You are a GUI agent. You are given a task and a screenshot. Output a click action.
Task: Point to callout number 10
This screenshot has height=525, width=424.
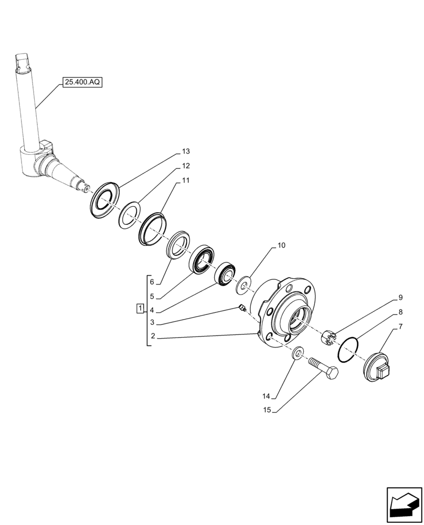(281, 245)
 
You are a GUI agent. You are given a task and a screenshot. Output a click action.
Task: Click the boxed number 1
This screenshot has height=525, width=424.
(140, 308)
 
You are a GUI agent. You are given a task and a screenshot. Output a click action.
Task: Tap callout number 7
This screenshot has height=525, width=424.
(401, 327)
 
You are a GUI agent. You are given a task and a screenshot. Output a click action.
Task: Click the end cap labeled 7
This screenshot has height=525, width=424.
(376, 367)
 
